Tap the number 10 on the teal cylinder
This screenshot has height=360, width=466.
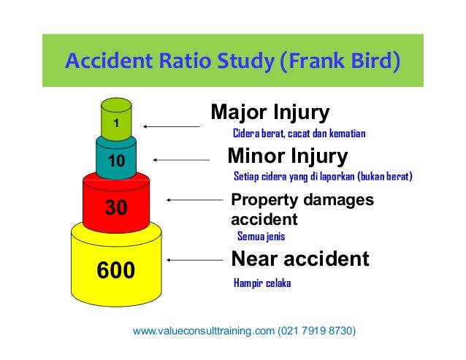tap(115, 160)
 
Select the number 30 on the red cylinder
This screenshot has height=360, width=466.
tap(116, 208)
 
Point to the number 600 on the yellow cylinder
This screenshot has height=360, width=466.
tap(116, 271)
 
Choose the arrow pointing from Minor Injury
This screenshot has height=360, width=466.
tap(180, 160)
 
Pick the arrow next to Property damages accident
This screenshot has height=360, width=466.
tap(194, 199)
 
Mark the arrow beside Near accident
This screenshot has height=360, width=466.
tap(194, 259)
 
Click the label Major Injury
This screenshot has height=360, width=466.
tap(270, 113)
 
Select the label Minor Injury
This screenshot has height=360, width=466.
tap(287, 156)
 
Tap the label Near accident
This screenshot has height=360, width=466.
tap(299, 258)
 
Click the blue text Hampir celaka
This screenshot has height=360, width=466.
tap(261, 283)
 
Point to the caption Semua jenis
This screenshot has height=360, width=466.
tap(261, 236)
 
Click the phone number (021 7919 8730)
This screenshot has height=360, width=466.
tap(317, 331)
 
